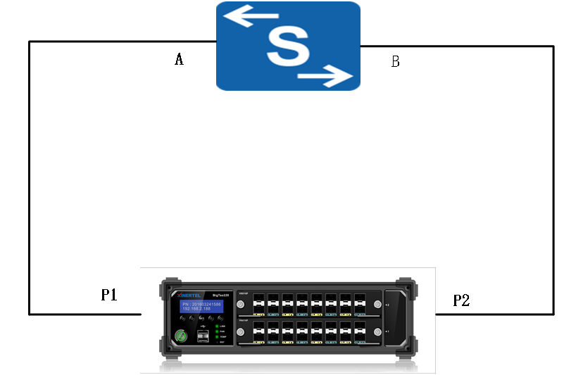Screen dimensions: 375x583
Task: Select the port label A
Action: [179, 60]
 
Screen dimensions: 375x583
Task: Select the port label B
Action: [395, 62]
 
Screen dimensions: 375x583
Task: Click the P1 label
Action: [108, 295]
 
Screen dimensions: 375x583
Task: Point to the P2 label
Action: [461, 301]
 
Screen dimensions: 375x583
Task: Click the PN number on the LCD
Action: [201, 303]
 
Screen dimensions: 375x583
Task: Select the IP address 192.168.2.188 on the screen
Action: [196, 309]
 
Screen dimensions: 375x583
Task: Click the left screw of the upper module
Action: [241, 305]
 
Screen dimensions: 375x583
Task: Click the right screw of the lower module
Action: [377, 331]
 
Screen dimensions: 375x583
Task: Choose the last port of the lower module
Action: [359, 331]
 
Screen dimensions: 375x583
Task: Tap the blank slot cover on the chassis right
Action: [399, 318]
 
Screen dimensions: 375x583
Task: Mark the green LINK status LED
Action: [218, 326]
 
